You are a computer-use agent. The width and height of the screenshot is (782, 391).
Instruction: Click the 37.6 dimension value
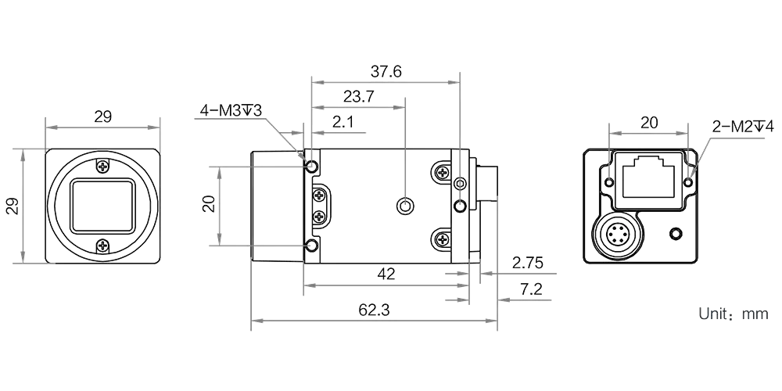tap(386, 72)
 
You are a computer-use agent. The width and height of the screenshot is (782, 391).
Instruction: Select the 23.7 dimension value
tap(359, 97)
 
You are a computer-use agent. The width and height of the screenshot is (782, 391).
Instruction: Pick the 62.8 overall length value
tap(375, 310)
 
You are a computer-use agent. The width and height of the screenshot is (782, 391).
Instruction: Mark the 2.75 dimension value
tap(528, 262)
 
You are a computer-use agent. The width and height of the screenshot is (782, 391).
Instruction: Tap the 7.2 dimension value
tap(531, 289)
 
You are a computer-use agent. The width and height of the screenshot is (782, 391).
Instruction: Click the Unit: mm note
tap(734, 315)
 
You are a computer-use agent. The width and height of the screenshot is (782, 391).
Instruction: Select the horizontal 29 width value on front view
tap(102, 118)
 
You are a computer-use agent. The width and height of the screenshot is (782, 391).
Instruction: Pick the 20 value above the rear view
tap(648, 122)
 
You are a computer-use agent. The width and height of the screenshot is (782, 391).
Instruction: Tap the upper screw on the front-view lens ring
tap(102, 167)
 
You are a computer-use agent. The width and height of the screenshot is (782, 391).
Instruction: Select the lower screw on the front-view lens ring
tap(102, 246)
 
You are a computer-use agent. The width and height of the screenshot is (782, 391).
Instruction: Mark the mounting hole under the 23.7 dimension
tap(404, 206)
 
